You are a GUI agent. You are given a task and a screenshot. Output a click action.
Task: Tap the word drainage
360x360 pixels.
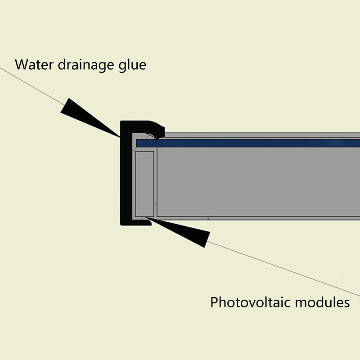coord(85,65)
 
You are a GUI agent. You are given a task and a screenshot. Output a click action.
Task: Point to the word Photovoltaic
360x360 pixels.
coord(250,302)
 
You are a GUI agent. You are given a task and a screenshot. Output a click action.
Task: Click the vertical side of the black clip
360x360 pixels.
coord(125,175)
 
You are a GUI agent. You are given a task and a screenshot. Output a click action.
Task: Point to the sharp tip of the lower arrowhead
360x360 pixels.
coord(147,219)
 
